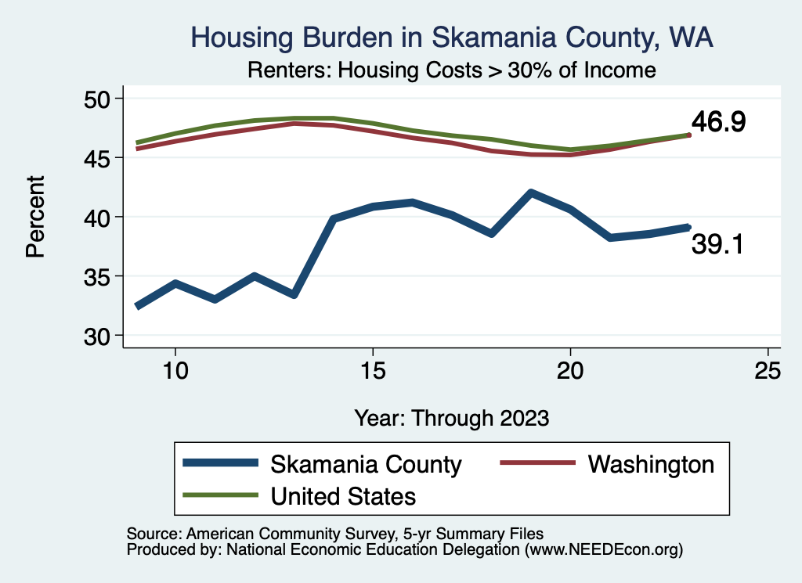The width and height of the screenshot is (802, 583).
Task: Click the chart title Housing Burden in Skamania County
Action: click(452, 38)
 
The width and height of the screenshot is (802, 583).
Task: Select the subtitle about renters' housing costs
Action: click(451, 70)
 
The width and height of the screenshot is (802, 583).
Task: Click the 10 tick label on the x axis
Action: click(175, 371)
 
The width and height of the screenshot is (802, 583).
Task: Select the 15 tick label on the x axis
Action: click(373, 371)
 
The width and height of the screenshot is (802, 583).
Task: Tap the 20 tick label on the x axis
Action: click(570, 371)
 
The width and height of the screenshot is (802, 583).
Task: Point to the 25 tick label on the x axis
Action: click(768, 371)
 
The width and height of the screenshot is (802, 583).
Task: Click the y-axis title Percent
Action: click(34, 217)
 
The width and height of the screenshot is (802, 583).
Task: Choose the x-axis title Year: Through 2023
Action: click(451, 417)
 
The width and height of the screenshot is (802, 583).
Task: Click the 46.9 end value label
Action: click(717, 121)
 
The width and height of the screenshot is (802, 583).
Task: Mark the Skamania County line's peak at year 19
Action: click(531, 193)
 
